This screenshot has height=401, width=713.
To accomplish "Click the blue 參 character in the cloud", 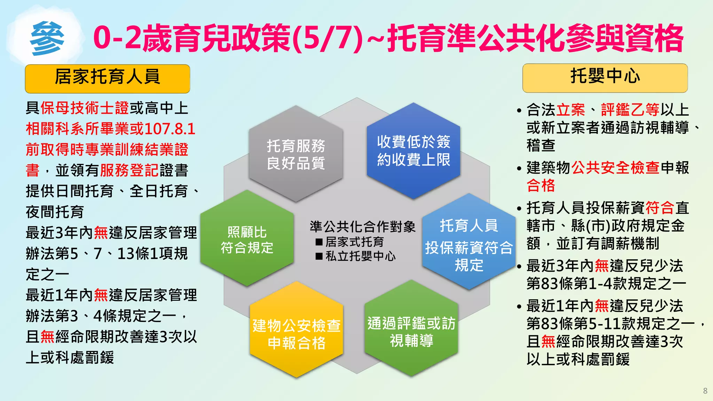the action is pyautogui.click(x=47, y=38).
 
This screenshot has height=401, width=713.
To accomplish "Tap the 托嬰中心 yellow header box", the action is pyautogui.click(x=605, y=78).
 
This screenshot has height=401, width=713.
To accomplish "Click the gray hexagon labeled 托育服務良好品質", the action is pyautogui.click(x=296, y=154).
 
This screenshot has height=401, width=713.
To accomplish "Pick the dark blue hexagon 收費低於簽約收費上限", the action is pyautogui.click(x=413, y=151).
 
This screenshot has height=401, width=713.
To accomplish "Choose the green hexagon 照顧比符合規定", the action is pyautogui.click(x=247, y=239).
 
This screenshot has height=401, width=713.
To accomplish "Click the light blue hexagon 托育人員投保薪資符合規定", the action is pyautogui.click(x=469, y=244).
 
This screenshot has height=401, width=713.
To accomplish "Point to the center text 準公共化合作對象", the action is pyautogui.click(x=362, y=227).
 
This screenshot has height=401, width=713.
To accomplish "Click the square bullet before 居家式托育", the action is pyautogui.click(x=319, y=242).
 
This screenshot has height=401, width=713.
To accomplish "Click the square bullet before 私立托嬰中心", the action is pyautogui.click(x=319, y=257).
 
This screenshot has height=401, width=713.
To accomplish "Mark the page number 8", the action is pyautogui.click(x=705, y=391).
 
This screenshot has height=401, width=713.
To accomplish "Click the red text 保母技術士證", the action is pyautogui.click(x=85, y=108).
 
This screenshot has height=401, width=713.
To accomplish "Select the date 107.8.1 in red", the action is pyautogui.click(x=170, y=129).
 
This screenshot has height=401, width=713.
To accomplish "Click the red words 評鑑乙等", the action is pyautogui.click(x=630, y=110).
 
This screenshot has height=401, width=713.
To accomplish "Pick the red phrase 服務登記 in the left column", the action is pyautogui.click(x=130, y=171).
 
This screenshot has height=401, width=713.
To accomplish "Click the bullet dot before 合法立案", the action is pyautogui.click(x=519, y=111).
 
